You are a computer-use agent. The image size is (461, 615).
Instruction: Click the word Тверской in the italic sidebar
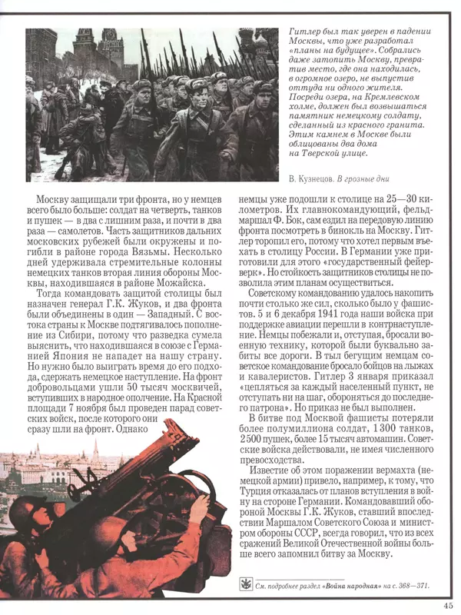[x=334, y=152]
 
